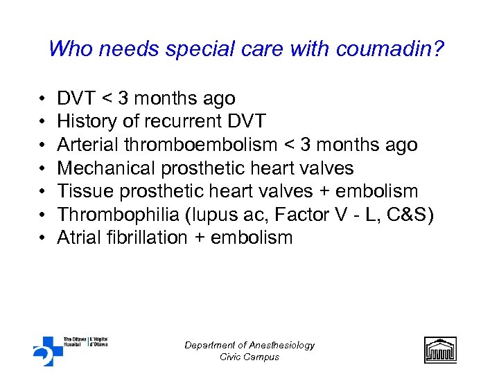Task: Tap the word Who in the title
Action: tap(67, 49)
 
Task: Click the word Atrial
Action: tap(79, 238)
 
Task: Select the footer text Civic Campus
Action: tap(249, 357)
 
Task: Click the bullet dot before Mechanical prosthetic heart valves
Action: tap(42, 169)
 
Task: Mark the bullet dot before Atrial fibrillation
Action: tap(42, 238)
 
